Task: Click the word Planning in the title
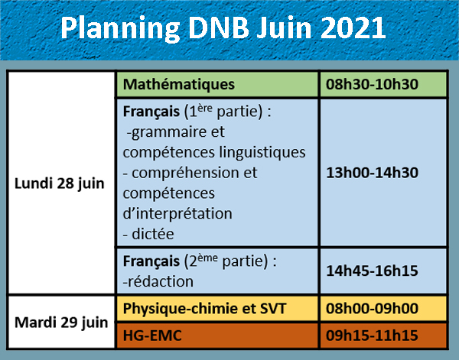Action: [120, 28]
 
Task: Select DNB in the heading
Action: [219, 28]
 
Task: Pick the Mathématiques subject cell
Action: [217, 85]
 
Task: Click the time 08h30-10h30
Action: [372, 85]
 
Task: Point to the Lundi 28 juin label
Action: [60, 184]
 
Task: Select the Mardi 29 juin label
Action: [61, 323]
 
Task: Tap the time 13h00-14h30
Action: [372, 173]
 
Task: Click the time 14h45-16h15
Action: [372, 271]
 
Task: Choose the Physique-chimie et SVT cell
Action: [217, 309]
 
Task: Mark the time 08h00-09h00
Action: [372, 309]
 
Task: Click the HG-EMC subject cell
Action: [217, 336]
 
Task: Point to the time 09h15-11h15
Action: [372, 336]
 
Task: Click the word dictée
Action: [153, 234]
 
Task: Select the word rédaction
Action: [160, 281]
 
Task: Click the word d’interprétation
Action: [177, 213]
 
